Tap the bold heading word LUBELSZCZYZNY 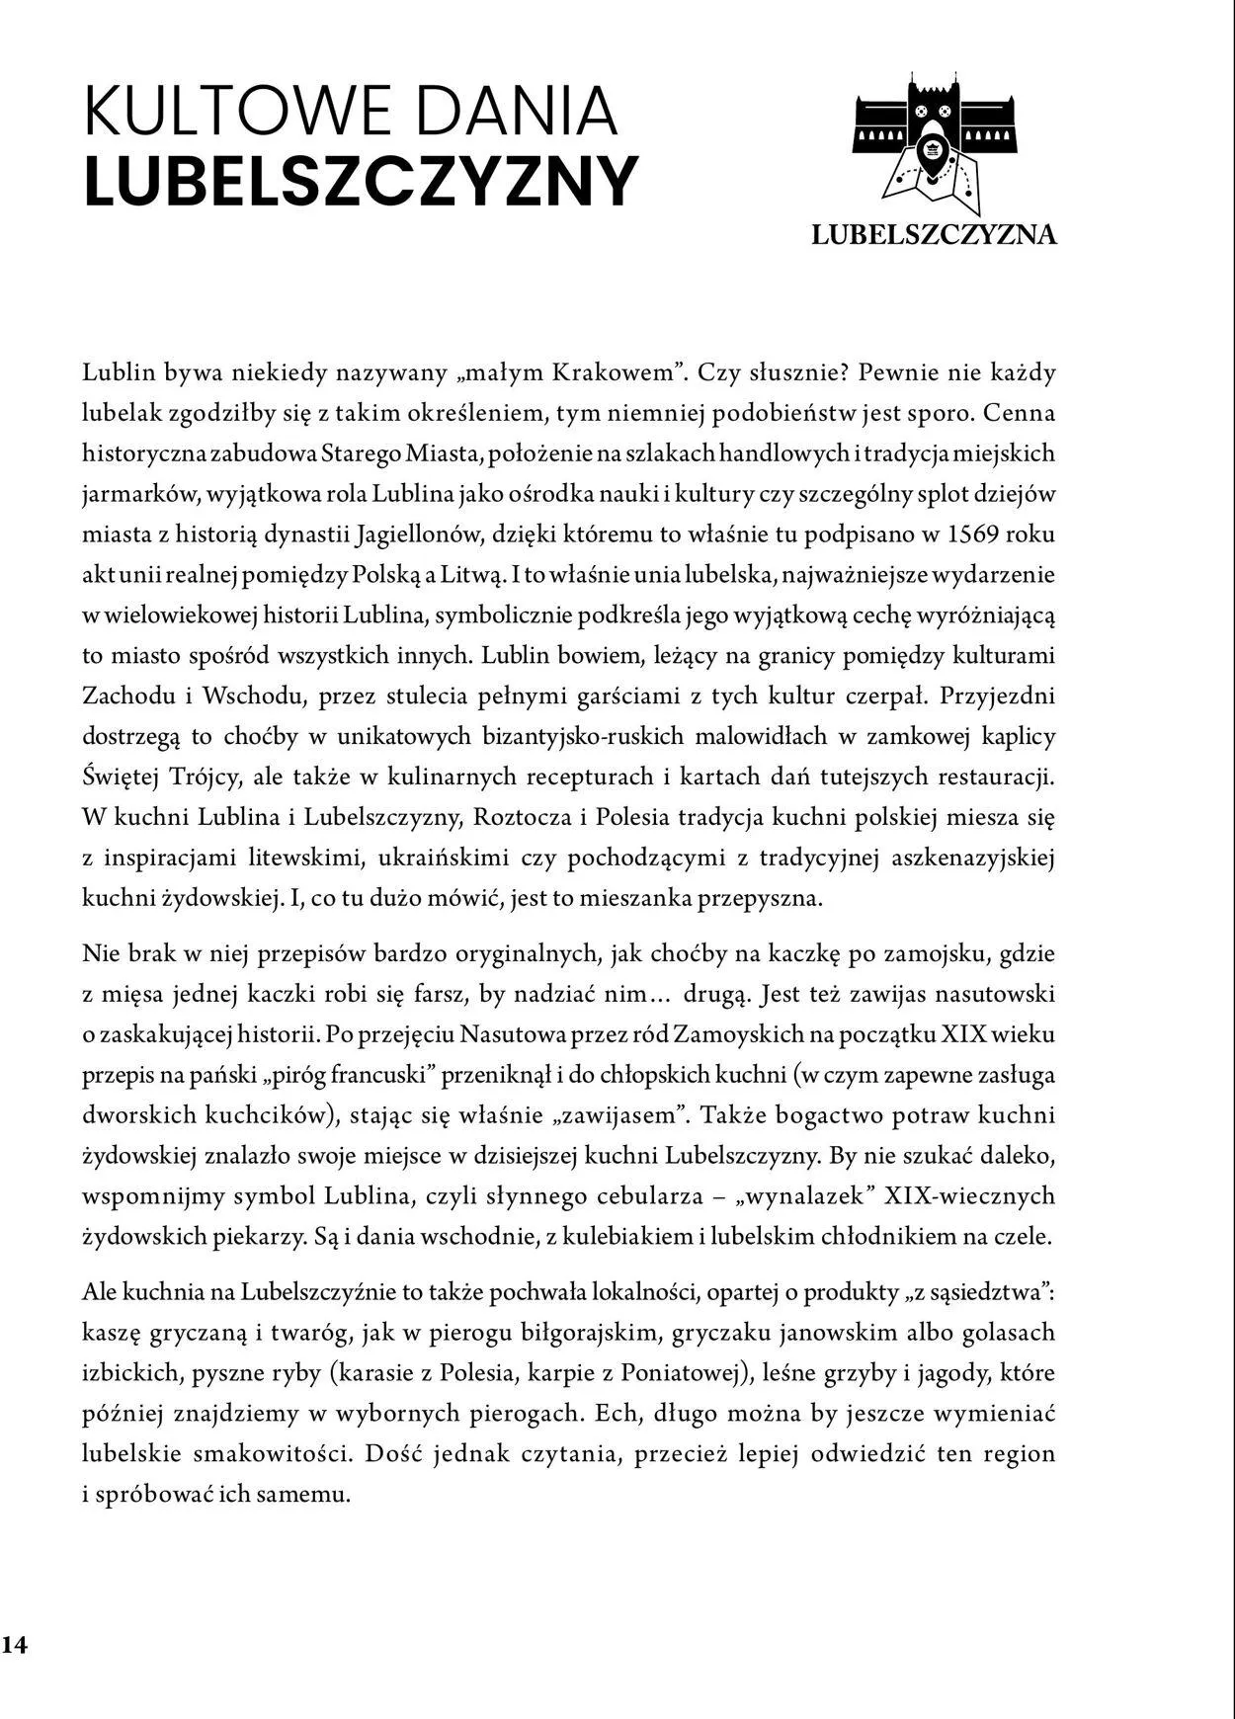pos(362,182)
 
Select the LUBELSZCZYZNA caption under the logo pos(934,235)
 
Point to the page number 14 pos(15,1644)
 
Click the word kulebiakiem pos(618,1236)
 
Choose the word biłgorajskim pos(576,1332)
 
